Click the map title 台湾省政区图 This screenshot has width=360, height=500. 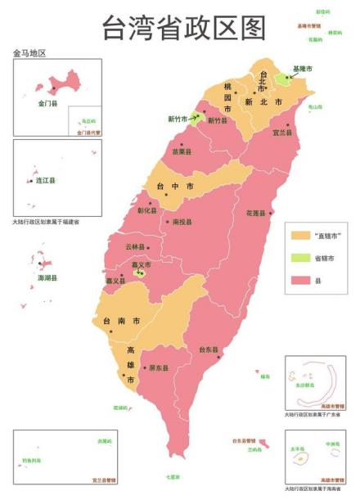184,28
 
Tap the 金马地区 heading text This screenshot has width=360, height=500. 29,53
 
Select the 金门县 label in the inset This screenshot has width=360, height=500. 47,104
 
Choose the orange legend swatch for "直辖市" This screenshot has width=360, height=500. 300,236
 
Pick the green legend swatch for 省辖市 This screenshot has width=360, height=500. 300,259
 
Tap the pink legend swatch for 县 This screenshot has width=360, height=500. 300,282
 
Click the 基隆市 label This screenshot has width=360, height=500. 302,69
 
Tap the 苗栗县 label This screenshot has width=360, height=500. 182,151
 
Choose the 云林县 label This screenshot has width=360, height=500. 135,246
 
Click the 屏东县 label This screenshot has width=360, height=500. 159,368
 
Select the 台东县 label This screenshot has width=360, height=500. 208,349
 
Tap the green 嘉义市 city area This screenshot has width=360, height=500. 141,273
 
